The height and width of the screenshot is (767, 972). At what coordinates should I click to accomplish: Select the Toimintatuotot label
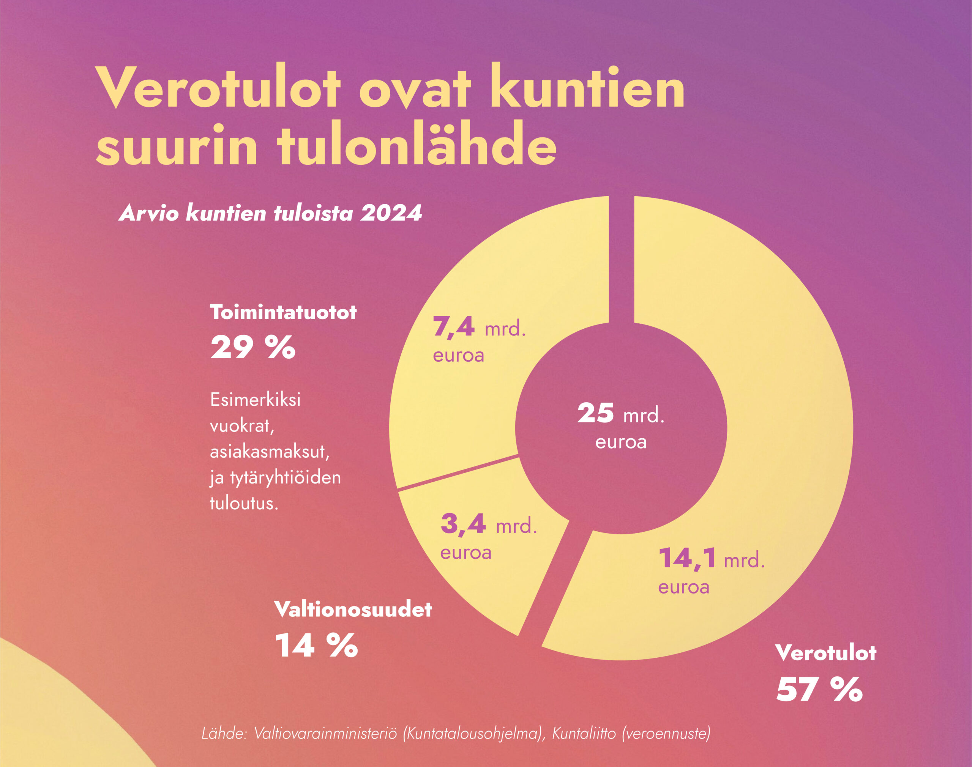tap(283, 312)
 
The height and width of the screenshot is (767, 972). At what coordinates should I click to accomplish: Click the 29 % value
tap(253, 347)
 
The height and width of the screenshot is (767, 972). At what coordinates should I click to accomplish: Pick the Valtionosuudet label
tap(353, 610)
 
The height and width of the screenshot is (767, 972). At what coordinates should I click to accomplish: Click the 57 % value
tap(819, 689)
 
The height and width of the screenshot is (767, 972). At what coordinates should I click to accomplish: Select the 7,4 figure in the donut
tap(454, 326)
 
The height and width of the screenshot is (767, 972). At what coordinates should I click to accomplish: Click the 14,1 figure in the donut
tap(687, 558)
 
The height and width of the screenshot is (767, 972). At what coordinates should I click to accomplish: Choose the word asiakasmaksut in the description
tap(270, 451)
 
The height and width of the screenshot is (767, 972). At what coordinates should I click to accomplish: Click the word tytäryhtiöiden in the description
tap(286, 477)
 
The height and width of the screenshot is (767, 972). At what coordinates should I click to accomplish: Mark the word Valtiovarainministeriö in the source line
tap(326, 734)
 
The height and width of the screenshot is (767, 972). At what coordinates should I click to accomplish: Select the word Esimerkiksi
tap(255, 400)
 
